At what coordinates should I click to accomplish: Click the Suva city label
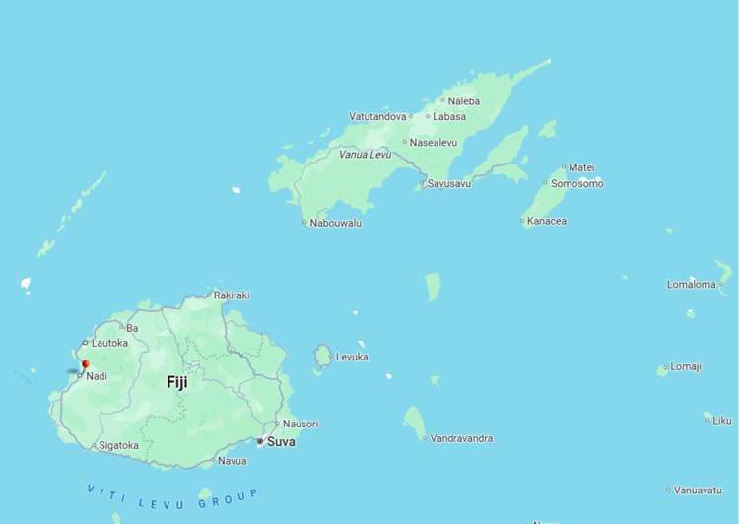click(281, 441)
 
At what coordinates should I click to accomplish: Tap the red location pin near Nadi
click(85, 364)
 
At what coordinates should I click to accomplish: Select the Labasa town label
click(449, 116)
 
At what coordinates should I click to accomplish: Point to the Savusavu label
click(448, 184)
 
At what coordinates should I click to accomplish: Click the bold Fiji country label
click(177, 382)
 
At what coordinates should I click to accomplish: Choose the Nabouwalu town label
click(335, 223)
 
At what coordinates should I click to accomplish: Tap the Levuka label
click(352, 357)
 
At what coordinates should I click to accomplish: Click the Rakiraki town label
click(232, 295)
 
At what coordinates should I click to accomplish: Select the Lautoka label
click(109, 343)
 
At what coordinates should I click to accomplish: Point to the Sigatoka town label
click(119, 445)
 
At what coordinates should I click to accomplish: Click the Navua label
click(233, 460)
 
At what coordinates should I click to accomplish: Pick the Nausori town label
click(301, 424)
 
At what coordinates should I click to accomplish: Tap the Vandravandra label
click(461, 438)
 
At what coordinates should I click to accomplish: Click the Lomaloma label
click(691, 285)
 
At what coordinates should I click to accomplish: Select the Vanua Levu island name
click(365, 155)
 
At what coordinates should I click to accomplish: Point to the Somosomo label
click(576, 183)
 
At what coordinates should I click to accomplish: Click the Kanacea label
click(547, 221)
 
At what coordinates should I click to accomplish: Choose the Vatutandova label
click(377, 116)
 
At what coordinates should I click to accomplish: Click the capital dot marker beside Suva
click(260, 441)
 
